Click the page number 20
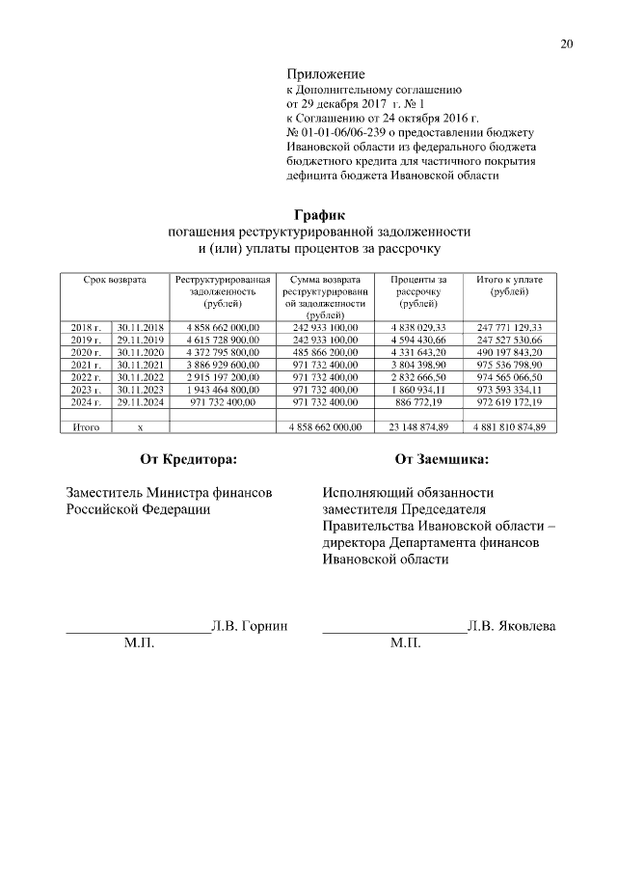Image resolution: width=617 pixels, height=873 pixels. pyautogui.click(x=566, y=43)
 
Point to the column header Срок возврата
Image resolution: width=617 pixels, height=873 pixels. pyautogui.click(x=115, y=280)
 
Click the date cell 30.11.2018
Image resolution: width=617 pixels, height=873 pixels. pyautogui.click(x=141, y=328)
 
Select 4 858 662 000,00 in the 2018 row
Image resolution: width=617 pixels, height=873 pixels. pyautogui.click(x=224, y=328)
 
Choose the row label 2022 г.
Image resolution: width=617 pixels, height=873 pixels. pyautogui.click(x=86, y=377)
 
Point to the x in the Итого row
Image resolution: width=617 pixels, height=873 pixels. pyautogui.click(x=141, y=426)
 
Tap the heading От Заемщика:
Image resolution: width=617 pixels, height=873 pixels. pyautogui.click(x=440, y=460)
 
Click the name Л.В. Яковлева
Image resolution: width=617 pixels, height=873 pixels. pyautogui.click(x=512, y=626)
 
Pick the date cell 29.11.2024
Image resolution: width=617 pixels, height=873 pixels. pyautogui.click(x=141, y=401)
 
